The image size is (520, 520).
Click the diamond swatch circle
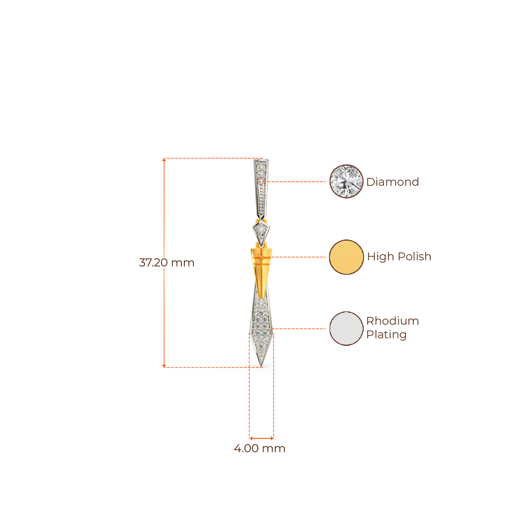346,181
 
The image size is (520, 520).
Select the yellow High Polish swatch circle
346,257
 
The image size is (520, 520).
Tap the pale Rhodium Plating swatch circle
346,329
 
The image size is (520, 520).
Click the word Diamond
393,182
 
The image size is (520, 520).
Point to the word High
380,256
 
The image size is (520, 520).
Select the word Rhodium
393,321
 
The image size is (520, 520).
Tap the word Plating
386,335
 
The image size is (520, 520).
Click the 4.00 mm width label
259,449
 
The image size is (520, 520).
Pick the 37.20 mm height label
167,263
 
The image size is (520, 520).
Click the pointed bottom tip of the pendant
261,364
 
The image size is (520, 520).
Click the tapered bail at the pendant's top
261,185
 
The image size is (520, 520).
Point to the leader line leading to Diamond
297,181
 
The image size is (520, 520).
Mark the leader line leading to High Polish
300,257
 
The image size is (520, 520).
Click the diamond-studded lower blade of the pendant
261,325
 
